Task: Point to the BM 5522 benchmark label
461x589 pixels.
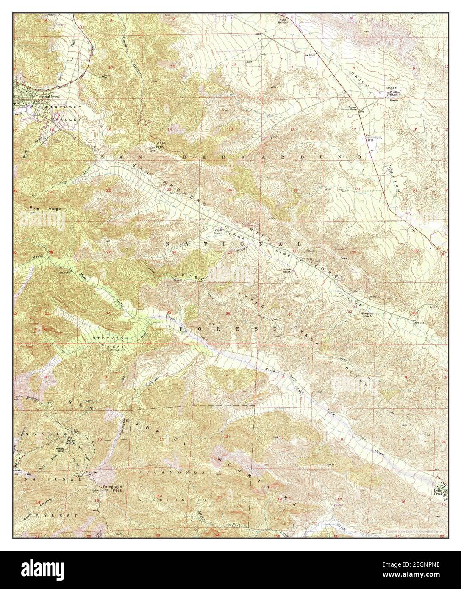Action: coord(157,323)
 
